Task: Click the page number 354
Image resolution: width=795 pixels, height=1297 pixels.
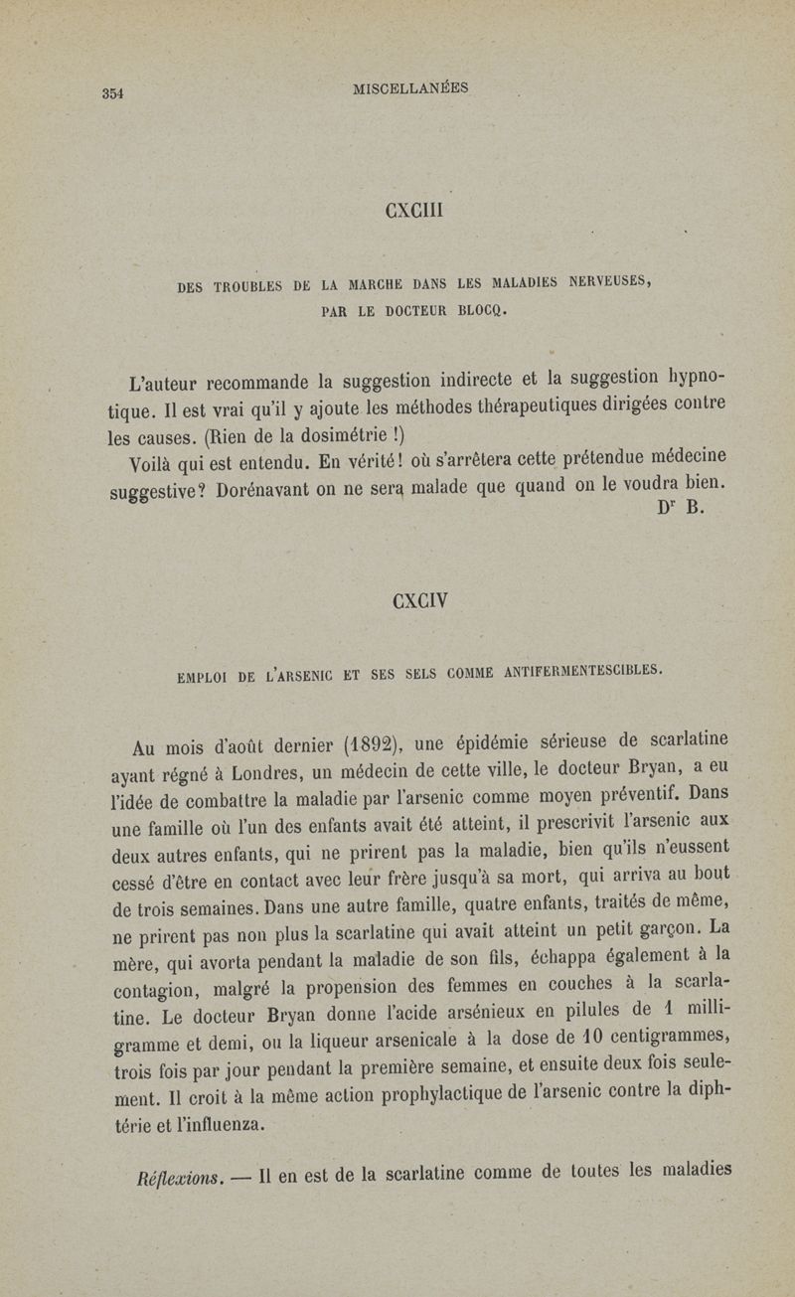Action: tap(111, 94)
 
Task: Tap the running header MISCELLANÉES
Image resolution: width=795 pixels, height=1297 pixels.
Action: tap(410, 89)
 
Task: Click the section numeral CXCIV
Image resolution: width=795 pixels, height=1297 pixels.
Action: tap(420, 600)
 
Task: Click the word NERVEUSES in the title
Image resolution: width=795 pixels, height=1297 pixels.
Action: tap(602, 285)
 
